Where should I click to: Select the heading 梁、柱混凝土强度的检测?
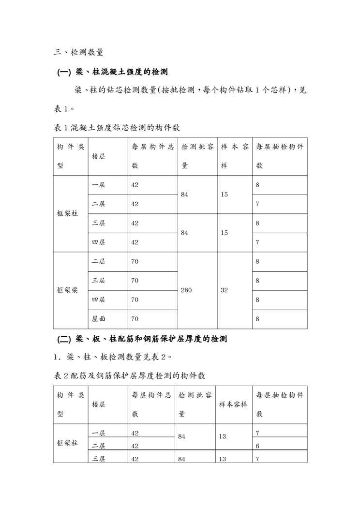[113, 73]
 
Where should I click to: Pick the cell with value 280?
[186, 291]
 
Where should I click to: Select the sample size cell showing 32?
[225, 291]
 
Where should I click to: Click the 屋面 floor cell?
[99, 319]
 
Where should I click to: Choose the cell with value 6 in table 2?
[257, 446]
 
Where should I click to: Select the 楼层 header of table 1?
[99, 156]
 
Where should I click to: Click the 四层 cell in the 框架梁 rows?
[99, 300]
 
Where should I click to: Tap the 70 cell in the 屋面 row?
[135, 319]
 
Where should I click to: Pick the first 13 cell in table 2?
[223, 436]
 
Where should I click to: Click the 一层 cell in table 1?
[99, 185]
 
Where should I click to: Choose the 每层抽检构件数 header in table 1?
[280, 156]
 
